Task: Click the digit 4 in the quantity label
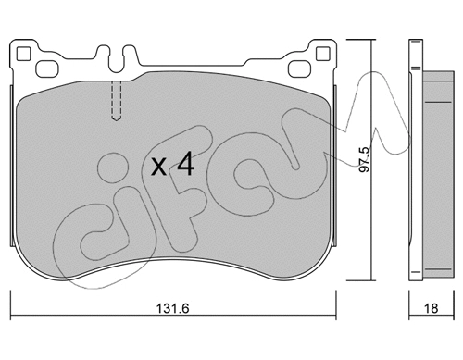pos(185,166)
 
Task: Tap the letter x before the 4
pos(159,168)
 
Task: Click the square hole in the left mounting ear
pos(43,68)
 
